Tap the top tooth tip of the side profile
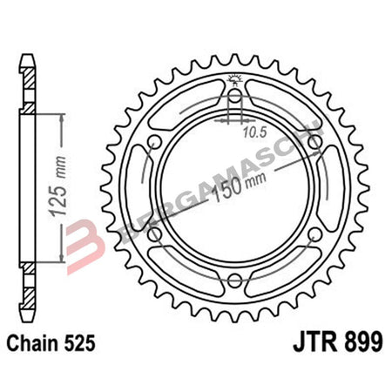click(30, 60)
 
